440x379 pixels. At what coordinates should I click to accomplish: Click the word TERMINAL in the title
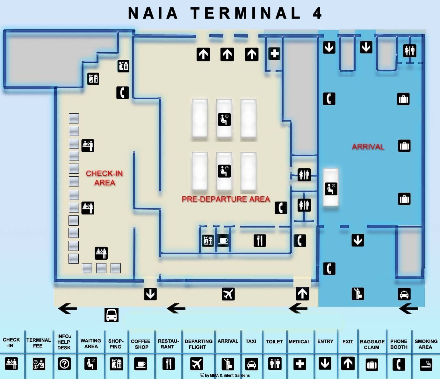(246, 13)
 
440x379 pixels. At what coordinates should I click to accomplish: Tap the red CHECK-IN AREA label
(105, 178)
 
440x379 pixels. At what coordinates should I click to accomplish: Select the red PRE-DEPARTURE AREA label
(226, 199)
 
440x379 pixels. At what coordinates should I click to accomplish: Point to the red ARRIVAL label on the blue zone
(368, 147)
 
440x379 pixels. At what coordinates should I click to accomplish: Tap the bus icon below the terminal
(112, 315)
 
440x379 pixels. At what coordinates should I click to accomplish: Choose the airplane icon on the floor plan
(228, 294)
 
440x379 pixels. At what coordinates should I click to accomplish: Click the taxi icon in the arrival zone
(404, 294)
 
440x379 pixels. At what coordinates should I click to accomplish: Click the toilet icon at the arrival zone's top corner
(409, 51)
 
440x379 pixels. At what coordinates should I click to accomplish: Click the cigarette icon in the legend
(426, 364)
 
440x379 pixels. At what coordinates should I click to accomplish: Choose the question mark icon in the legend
(64, 364)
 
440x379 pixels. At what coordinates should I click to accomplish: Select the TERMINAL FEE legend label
(39, 343)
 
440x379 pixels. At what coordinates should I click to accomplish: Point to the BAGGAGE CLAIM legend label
(372, 344)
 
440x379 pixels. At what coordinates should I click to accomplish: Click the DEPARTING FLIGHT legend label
(198, 344)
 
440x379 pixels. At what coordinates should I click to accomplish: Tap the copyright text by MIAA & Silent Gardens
(225, 375)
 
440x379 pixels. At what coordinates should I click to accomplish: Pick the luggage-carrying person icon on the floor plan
(358, 293)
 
